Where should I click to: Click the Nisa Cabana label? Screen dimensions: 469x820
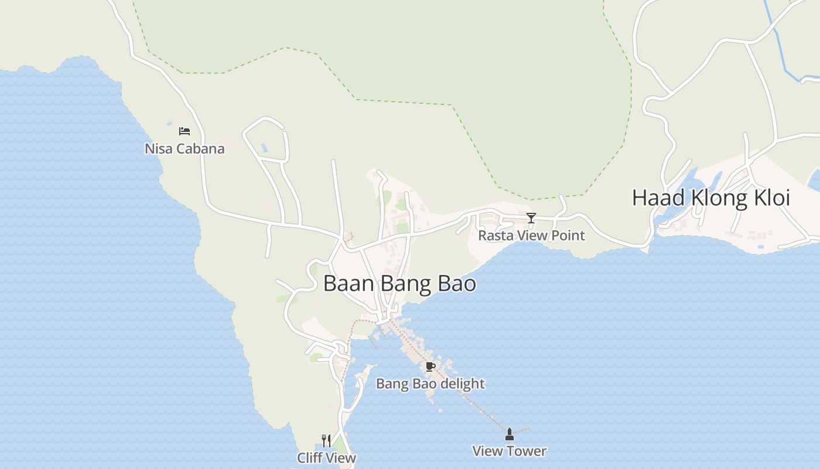tap(184, 149)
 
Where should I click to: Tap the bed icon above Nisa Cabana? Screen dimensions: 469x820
tap(184, 131)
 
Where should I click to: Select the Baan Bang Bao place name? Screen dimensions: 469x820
tap(399, 284)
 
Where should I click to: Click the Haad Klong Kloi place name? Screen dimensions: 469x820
tap(711, 198)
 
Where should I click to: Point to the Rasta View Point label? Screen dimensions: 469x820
tap(531, 236)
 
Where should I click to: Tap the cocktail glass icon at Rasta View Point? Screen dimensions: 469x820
tap(531, 218)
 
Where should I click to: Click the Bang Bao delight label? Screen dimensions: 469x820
tap(430, 384)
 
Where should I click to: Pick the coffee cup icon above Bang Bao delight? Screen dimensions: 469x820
tap(430, 367)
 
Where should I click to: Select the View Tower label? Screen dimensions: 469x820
tap(510, 451)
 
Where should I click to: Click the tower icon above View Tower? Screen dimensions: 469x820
tap(510, 434)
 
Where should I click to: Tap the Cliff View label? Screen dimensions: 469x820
tap(326, 458)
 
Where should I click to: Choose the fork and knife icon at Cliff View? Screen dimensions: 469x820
tap(326, 440)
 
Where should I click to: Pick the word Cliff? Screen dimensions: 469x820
tap(310, 458)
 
